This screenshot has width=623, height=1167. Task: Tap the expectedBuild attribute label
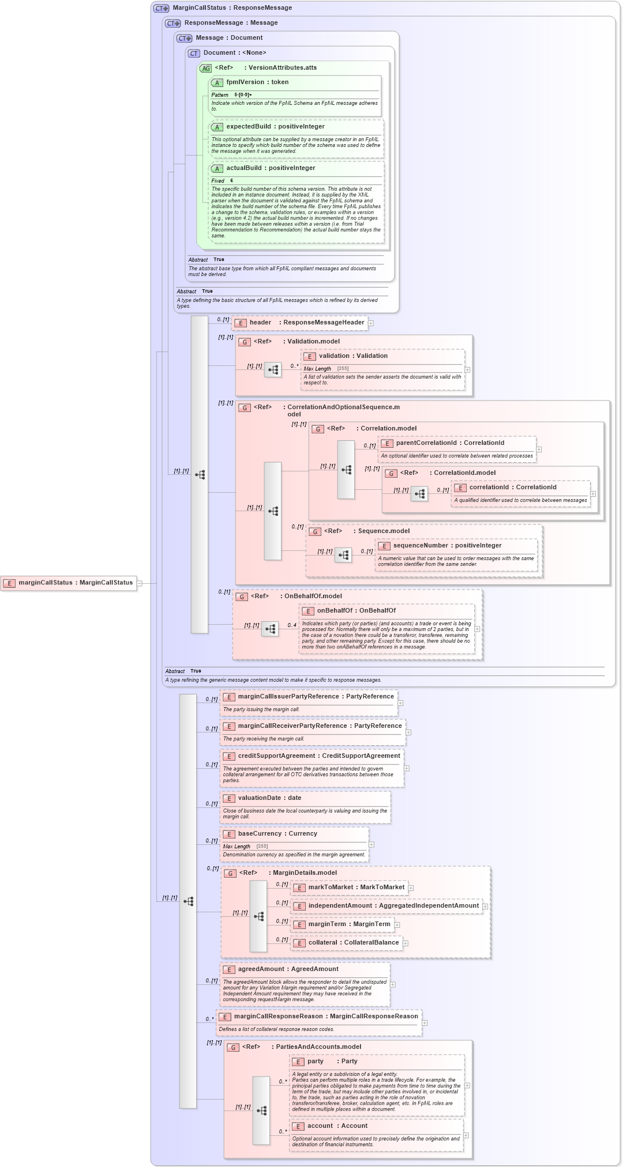pos(275,127)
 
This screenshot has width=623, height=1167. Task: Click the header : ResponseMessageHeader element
pos(306,323)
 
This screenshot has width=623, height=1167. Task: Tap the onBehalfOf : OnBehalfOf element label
pos(356,611)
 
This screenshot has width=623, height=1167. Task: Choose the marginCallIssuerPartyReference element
pos(316,697)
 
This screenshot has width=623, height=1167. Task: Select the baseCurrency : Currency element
pos(277,834)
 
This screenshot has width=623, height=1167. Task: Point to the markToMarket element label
pos(356,887)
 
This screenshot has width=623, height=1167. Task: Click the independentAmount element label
pos(393,906)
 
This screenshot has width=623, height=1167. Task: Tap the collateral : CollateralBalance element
pos(353,943)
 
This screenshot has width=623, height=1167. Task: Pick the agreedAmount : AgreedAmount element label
pos(288,969)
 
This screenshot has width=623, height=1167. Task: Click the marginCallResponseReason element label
pos(326,1017)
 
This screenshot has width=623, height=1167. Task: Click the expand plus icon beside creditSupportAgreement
pos(407,768)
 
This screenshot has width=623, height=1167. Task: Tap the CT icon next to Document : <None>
pos(194,53)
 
